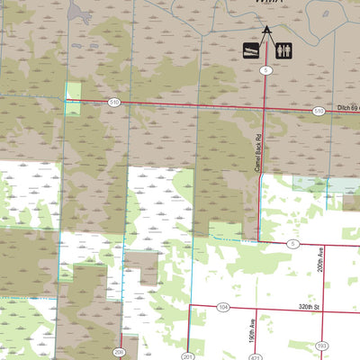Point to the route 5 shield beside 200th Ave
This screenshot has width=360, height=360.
(292, 244)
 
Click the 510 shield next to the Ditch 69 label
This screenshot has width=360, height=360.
(319, 111)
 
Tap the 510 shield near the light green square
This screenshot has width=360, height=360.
(114, 103)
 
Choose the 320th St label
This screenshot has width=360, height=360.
(310, 307)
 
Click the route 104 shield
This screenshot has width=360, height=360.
(223, 308)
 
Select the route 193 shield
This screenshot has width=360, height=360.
(323, 346)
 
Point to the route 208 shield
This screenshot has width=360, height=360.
(119, 352)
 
